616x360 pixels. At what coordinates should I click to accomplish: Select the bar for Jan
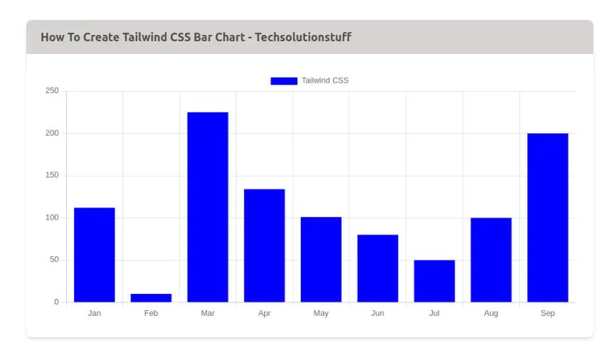click(x=94, y=255)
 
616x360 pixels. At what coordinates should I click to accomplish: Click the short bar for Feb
click(x=151, y=298)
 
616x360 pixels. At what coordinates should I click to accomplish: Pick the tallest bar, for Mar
click(x=208, y=207)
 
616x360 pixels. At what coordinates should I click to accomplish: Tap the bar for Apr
click(x=264, y=245)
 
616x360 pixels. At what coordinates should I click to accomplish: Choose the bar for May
click(x=321, y=260)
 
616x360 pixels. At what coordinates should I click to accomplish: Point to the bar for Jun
click(x=378, y=268)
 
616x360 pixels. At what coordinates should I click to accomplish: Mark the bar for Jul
click(x=434, y=281)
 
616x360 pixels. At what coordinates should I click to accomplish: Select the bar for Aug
click(x=491, y=260)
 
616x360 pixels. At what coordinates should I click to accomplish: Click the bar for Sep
click(x=548, y=218)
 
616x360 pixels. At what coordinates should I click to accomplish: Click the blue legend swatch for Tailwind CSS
click(x=283, y=80)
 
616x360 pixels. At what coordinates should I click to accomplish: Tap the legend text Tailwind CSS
click(x=325, y=80)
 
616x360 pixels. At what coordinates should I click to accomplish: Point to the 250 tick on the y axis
click(x=52, y=91)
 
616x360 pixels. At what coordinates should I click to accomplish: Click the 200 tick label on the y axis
click(x=52, y=133)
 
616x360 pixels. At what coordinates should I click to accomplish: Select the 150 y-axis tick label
click(x=52, y=176)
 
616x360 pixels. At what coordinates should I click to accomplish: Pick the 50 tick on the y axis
click(x=54, y=260)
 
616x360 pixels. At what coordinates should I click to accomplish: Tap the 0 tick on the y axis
click(x=56, y=302)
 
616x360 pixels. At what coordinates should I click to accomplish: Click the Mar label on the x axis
click(x=208, y=314)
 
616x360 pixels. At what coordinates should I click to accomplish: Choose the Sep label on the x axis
click(x=548, y=314)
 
